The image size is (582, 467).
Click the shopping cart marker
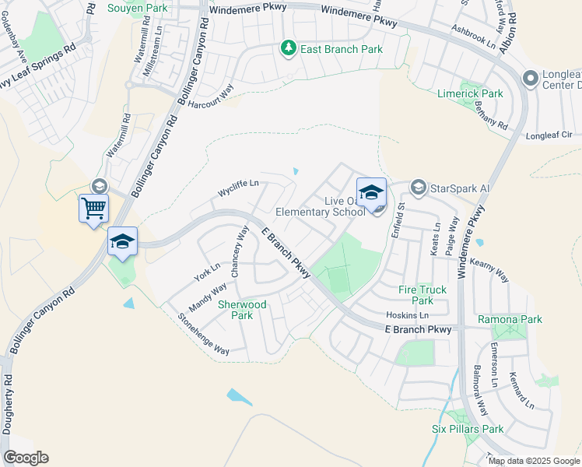pos(93,209)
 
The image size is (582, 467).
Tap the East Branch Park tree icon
pos(289,49)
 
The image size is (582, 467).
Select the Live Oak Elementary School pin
pos(371,192)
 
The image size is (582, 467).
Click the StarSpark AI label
pos(460,188)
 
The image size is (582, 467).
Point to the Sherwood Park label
pos(236,310)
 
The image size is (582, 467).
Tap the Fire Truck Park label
pos(422,295)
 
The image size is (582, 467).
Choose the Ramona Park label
pos(510,319)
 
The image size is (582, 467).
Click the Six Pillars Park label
pos(468,429)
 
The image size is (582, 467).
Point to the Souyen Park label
pos(138,8)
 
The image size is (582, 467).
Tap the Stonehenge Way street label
pos(204,334)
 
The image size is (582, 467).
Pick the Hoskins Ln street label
pos(408,315)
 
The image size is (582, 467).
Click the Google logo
pos(26,458)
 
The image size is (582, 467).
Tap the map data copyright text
pos(533,461)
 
